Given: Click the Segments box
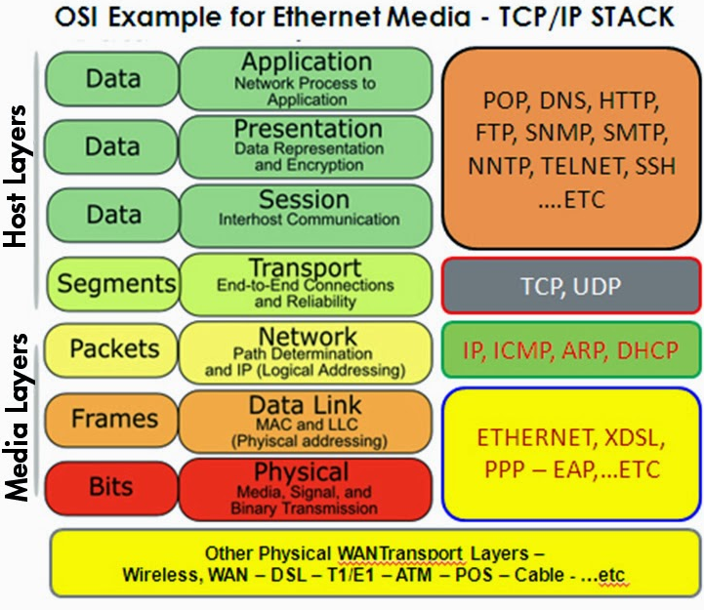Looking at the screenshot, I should click(x=114, y=283).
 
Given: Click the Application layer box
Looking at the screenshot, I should click(x=305, y=78).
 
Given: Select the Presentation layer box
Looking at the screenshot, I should click(x=305, y=145).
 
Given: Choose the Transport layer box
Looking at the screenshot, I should click(x=305, y=283).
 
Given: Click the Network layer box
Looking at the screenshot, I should click(x=305, y=350).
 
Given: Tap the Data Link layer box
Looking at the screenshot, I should click(x=305, y=419).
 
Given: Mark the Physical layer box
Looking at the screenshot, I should click(x=305, y=487).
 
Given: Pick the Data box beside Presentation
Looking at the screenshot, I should click(x=112, y=146).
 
